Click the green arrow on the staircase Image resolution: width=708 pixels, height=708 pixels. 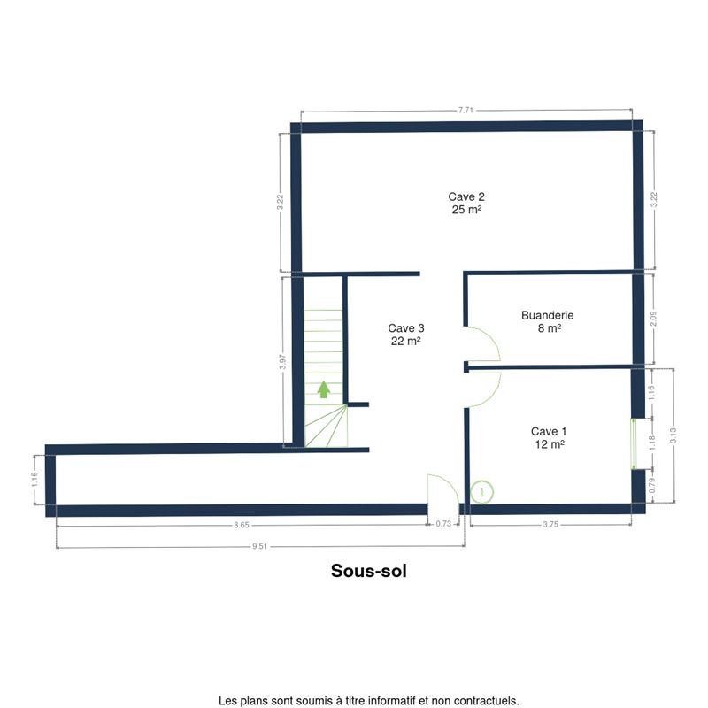(x=323, y=389)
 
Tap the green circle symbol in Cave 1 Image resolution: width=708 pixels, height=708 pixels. (x=481, y=492)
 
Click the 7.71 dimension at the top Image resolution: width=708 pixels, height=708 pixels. (x=466, y=110)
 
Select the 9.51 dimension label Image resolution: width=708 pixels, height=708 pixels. (x=259, y=546)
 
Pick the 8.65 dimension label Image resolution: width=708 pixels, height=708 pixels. (x=242, y=525)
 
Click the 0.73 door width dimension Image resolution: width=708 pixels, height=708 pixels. (x=443, y=524)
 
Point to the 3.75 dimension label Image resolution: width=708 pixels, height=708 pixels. (x=550, y=524)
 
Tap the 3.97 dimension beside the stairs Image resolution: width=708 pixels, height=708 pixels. (x=282, y=362)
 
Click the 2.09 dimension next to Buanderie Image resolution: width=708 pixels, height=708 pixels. (x=653, y=319)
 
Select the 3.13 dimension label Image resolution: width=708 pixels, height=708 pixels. (x=673, y=435)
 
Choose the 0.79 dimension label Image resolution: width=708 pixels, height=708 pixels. (x=652, y=485)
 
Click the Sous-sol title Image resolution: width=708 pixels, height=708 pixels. (x=369, y=571)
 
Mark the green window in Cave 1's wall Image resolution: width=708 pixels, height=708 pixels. (x=633, y=444)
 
